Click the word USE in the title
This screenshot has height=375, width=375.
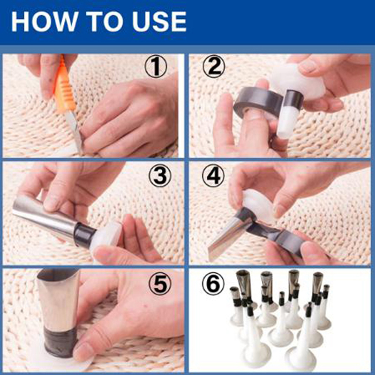pyautogui.click(x=159, y=22)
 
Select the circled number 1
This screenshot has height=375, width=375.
pyautogui.click(x=156, y=66)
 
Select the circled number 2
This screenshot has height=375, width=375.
pyautogui.click(x=214, y=66)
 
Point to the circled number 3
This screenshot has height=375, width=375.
pyautogui.click(x=160, y=176)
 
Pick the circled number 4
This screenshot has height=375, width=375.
pyautogui.click(x=213, y=176)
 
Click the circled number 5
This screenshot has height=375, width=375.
pyautogui.click(x=160, y=284)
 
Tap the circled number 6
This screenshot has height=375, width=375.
pyautogui.click(x=213, y=284)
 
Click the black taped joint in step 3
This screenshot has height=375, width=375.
pyautogui.click(x=84, y=235)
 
